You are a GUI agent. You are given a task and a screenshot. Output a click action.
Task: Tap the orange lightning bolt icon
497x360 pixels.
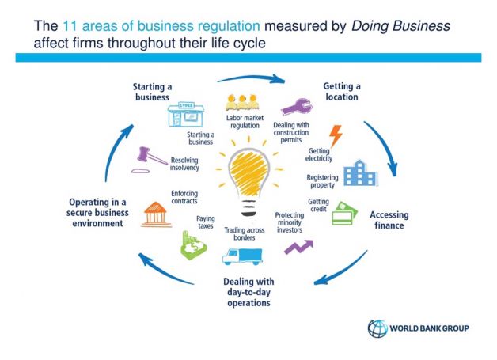coord(335,136)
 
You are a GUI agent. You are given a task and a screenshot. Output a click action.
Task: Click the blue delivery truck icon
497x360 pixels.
coord(241,256)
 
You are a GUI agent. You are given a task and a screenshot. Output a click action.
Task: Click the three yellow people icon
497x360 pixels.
coord(242,103)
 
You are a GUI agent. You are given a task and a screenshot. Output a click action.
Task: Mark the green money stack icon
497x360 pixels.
coord(193,246)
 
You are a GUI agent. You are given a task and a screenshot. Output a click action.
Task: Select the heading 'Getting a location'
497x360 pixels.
coord(342,90)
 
